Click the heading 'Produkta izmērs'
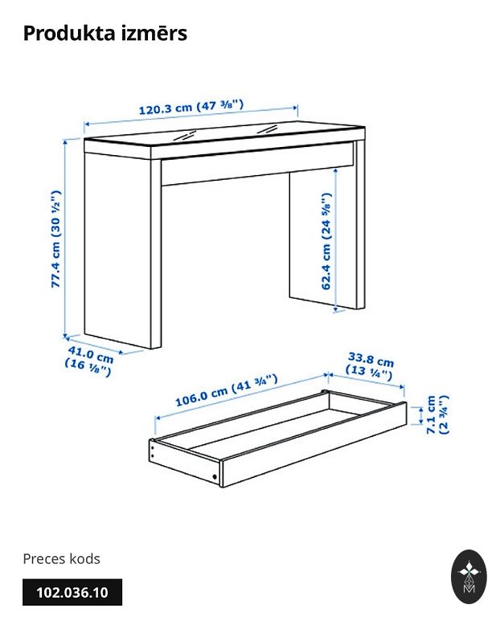[105, 33]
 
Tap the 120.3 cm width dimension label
[191, 107]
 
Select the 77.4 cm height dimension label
[56, 239]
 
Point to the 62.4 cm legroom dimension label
[326, 241]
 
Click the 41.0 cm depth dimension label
[89, 361]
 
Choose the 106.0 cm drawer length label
[227, 390]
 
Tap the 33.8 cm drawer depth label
[370, 366]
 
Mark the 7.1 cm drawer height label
[437, 415]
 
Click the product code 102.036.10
[72, 592]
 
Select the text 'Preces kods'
[61, 558]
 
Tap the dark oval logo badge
[469, 577]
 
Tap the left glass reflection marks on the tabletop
[185, 136]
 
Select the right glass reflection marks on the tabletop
[267, 129]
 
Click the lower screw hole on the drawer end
[215, 477]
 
